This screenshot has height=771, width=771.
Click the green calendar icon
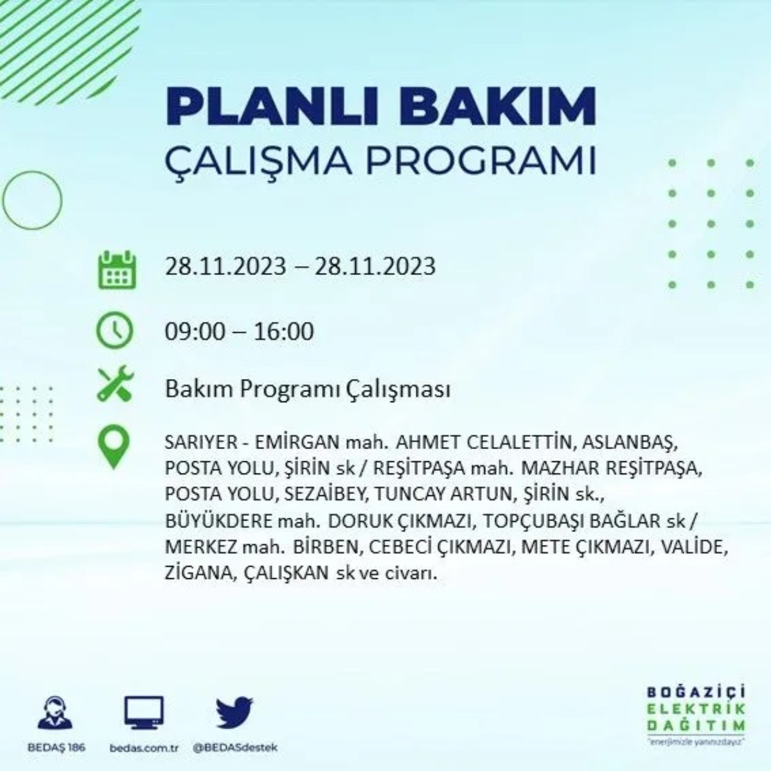coord(116,270)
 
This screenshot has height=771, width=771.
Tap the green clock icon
coord(114,331)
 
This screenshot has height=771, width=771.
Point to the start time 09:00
coord(195,332)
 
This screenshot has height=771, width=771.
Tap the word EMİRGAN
coord(297,443)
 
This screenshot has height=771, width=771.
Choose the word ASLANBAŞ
coord(632,443)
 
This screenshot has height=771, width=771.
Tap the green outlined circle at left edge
coord(32,200)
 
